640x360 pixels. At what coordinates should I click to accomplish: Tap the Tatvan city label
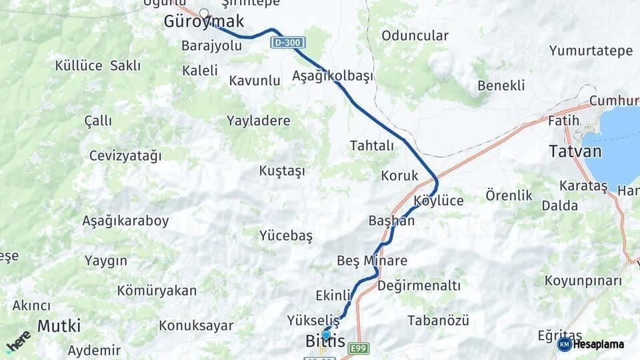coord(575,151)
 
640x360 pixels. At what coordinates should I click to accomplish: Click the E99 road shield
coord(359,349)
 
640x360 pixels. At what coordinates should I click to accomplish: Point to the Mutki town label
coord(59,326)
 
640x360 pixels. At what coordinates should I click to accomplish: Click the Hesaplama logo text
coord(599,344)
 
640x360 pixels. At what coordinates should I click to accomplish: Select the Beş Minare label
coord(372,261)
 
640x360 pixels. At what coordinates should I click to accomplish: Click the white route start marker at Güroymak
coord(204,13)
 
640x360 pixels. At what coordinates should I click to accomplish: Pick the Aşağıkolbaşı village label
coord(332,76)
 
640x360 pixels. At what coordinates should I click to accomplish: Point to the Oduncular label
coord(415,35)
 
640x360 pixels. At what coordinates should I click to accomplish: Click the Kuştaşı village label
coord(282,171)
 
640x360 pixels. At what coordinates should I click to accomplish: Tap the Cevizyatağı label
coord(125,156)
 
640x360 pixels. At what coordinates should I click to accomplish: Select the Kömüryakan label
coord(157,291)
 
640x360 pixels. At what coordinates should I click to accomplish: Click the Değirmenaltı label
coord(419,286)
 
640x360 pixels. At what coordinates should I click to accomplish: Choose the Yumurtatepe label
coord(591,51)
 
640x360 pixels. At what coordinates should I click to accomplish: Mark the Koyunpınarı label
coord(583,281)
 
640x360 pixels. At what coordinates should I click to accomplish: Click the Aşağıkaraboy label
coord(125,221)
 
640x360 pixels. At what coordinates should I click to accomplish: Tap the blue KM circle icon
coord(564,344)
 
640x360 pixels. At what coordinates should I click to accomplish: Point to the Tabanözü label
coord(438,321)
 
